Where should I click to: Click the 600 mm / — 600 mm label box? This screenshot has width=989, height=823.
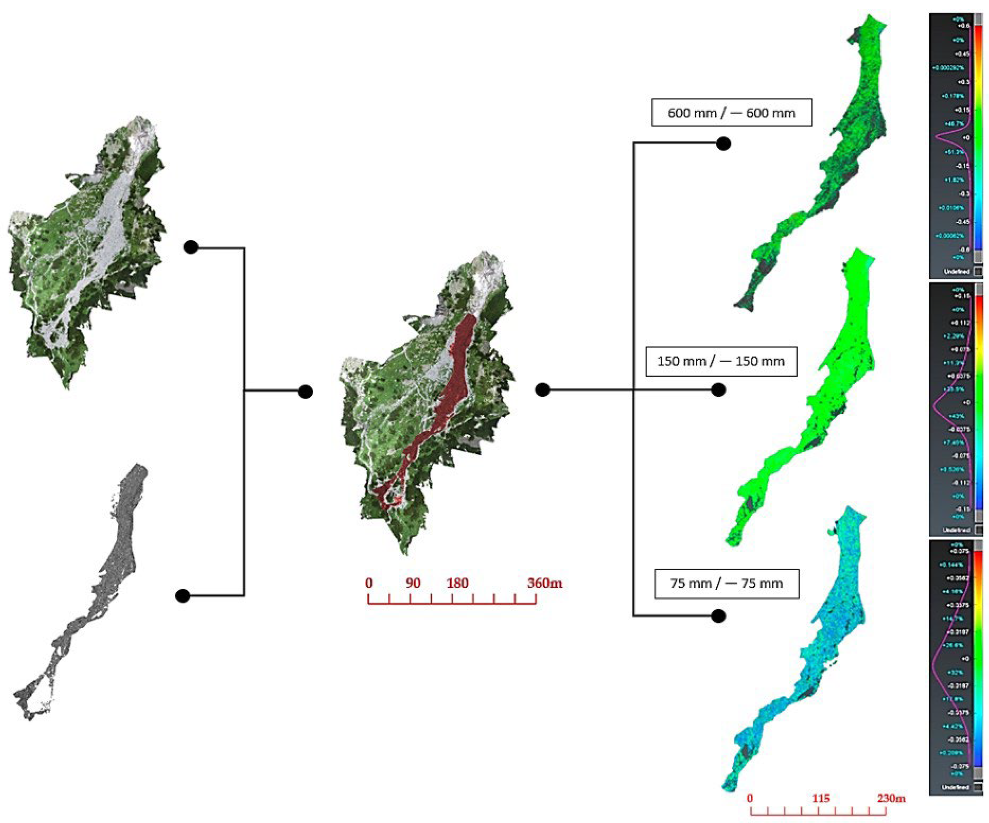click(x=731, y=112)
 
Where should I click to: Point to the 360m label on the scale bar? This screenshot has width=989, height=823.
click(x=544, y=583)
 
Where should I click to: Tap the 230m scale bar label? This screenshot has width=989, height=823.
click(x=891, y=798)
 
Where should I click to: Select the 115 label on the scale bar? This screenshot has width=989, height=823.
click(x=820, y=798)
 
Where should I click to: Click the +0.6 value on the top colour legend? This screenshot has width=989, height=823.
click(x=963, y=26)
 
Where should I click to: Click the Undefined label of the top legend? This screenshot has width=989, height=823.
click(x=956, y=272)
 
